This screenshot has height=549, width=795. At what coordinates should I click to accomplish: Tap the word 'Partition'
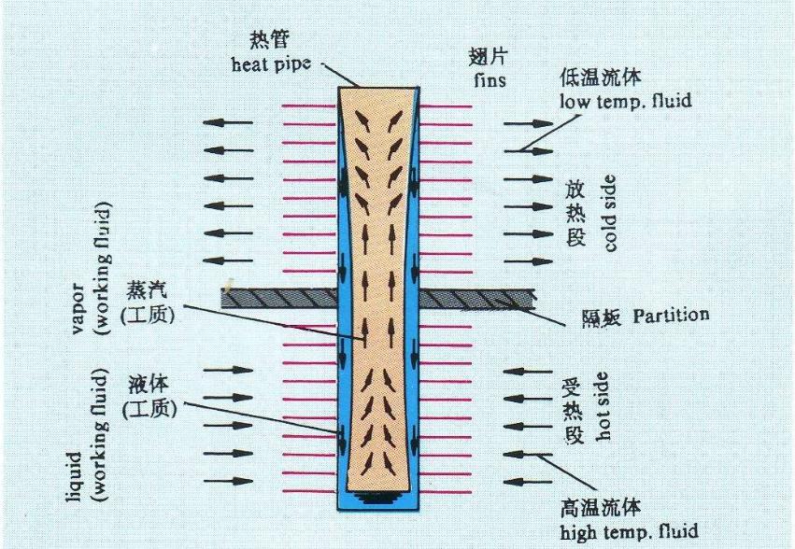click(671, 315)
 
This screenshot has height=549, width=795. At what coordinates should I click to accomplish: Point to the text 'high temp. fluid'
click(628, 533)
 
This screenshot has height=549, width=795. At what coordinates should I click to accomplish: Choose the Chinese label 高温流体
click(600, 509)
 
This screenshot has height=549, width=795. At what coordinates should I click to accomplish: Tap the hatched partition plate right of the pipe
click(476, 300)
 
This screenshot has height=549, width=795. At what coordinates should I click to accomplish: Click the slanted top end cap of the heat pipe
click(377, 88)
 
